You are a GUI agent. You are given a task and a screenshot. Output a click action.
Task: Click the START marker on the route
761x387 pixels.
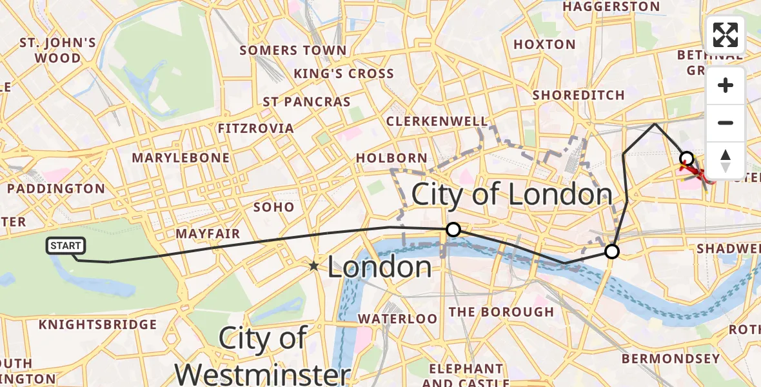click(x=65, y=246)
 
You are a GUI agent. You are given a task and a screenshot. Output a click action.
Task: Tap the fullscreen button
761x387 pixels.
click(x=726, y=35)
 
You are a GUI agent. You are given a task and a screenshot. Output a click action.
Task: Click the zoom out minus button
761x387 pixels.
click(x=726, y=123)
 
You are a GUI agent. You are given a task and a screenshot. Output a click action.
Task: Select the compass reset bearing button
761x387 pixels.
click(x=726, y=160)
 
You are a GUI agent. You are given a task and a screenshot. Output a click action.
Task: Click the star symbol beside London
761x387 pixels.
click(x=313, y=266)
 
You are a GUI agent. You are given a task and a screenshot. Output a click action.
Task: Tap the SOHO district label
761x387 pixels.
click(x=274, y=208)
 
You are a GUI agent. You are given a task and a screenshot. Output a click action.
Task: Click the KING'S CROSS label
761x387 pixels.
click(x=344, y=74)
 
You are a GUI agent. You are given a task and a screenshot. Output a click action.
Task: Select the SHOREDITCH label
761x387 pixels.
click(x=578, y=95)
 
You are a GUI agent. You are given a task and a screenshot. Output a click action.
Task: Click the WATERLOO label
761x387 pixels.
click(x=397, y=319)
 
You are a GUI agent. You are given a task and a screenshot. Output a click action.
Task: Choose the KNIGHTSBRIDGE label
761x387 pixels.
click(x=97, y=324)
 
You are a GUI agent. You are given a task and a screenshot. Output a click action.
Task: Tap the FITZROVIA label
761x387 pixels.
click(x=255, y=128)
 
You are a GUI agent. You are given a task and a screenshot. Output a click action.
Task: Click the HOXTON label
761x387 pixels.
click(x=544, y=45)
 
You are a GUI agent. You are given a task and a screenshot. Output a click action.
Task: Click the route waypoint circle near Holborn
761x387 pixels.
click(x=453, y=230)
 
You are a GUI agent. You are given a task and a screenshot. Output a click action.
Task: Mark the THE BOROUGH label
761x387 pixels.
click(x=500, y=312)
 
